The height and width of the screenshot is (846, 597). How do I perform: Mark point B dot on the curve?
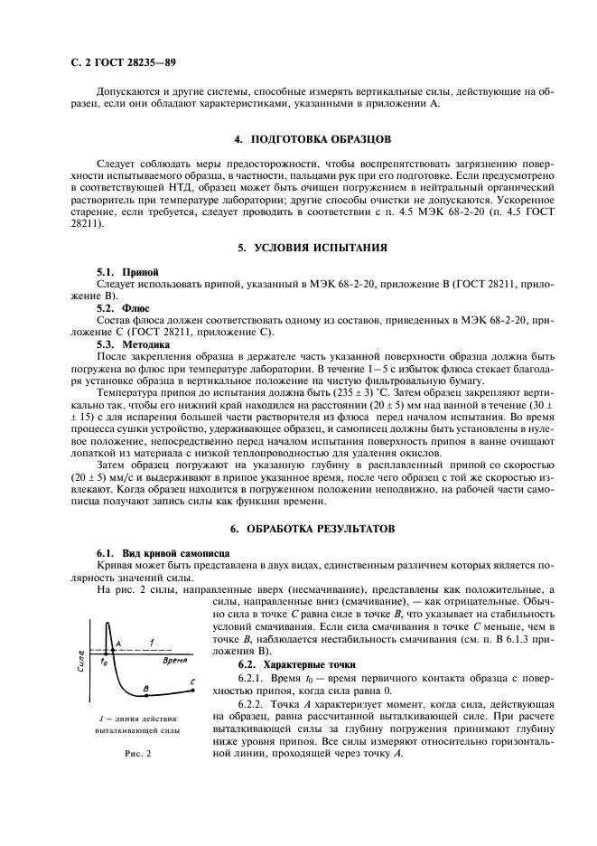(x=146, y=695)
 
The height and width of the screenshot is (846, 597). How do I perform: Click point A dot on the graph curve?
(x=112, y=650)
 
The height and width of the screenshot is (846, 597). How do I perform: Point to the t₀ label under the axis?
(x=104, y=663)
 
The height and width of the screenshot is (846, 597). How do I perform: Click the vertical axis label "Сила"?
(x=81, y=661)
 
